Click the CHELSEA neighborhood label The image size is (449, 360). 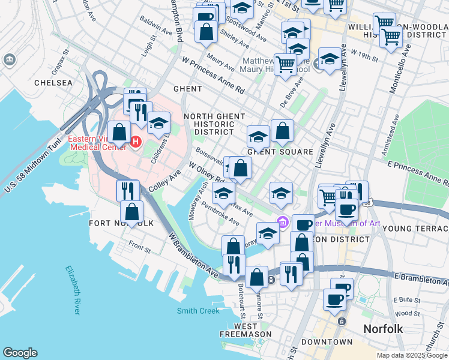[53, 83]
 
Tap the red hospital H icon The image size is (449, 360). [136, 142]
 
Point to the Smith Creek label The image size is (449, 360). [198, 311]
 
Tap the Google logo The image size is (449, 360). [20, 353]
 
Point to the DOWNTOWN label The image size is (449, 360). [327, 342]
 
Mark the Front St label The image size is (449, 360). [139, 245]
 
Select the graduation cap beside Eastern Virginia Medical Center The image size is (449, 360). [158, 124]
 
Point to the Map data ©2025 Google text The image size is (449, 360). [411, 355]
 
